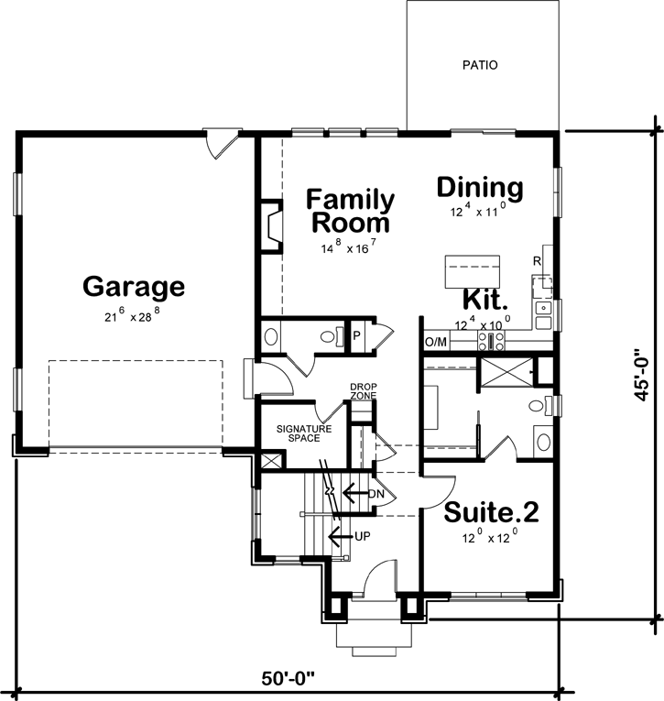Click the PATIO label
click(x=480, y=65)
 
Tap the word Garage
click(x=134, y=287)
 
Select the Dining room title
click(x=479, y=188)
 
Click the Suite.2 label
click(x=491, y=512)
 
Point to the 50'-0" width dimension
click(x=288, y=679)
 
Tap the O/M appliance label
click(x=435, y=343)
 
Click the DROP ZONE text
click(x=363, y=391)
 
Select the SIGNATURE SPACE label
click(x=298, y=433)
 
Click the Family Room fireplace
click(x=272, y=225)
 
